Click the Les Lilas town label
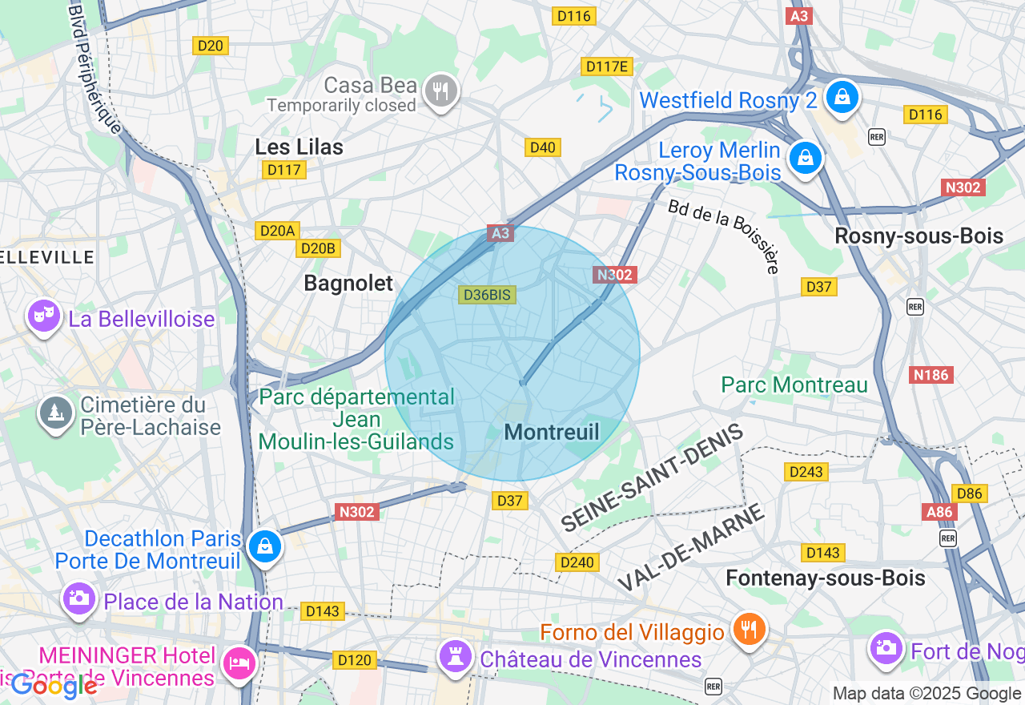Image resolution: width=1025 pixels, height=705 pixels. [x=299, y=147]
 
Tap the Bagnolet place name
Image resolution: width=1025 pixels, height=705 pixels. [x=348, y=283]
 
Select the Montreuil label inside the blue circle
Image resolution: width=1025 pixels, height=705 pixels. [x=552, y=433]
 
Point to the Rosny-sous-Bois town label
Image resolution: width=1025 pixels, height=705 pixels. [x=918, y=236]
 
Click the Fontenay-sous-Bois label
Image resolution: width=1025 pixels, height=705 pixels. [x=825, y=578]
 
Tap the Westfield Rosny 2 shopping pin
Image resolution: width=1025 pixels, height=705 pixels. [x=842, y=97]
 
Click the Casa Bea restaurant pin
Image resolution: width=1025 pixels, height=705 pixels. [x=440, y=91]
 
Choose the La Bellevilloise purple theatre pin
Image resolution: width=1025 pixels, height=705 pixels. [x=43, y=316]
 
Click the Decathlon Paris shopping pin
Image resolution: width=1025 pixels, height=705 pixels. [x=263, y=546]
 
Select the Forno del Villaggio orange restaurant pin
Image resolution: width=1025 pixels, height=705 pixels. [x=749, y=629]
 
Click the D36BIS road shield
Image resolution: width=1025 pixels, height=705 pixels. [x=488, y=295]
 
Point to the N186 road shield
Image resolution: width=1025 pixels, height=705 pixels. [x=931, y=374]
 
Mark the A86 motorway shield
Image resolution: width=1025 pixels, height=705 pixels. [x=939, y=512]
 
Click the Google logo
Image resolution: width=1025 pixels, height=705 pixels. [x=54, y=685]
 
